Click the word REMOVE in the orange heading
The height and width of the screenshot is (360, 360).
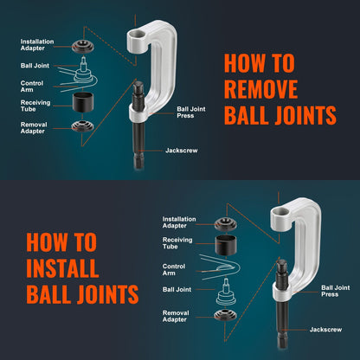click(x=261, y=89)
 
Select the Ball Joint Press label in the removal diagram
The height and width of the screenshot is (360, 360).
click(x=193, y=112)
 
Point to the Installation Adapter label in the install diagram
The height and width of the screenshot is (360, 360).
click(x=177, y=222)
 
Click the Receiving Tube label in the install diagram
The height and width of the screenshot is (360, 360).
click(x=177, y=245)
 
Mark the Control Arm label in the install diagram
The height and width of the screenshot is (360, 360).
click(x=174, y=269)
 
